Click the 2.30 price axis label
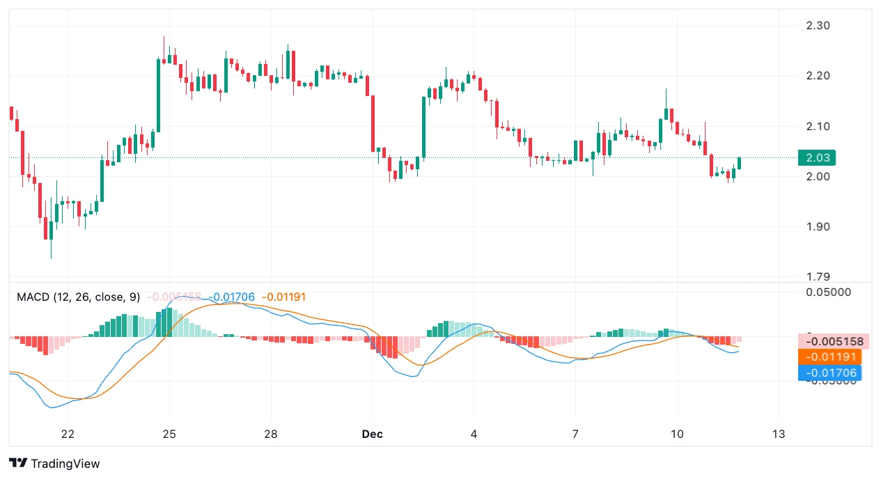click(817, 26)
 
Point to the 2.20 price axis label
click(817, 76)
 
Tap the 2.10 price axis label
click(817, 126)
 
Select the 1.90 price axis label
click(817, 226)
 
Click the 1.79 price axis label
click(817, 276)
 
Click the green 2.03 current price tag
click(817, 158)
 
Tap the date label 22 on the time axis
click(68, 434)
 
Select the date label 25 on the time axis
click(169, 434)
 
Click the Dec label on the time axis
click(373, 434)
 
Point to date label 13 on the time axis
click(779, 434)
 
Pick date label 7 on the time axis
click(576, 434)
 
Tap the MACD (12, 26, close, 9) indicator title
click(78, 297)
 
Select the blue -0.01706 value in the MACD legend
click(232, 297)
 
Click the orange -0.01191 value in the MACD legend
click(283, 297)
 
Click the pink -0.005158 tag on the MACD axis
click(834, 342)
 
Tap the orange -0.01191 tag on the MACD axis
click(829, 357)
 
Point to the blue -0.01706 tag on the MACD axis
click(829, 373)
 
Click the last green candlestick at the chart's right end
click(739, 164)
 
